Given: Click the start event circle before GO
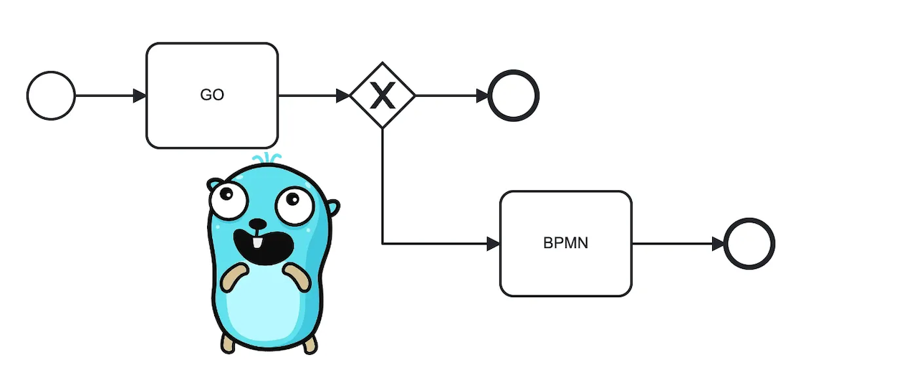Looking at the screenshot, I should coord(51,95).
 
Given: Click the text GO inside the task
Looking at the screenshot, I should coord(212,95).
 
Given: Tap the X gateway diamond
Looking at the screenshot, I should coord(383,95).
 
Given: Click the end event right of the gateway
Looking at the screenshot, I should coord(513,95).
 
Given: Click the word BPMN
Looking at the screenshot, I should coord(565,243).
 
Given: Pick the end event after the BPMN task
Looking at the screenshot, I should coord(749,243).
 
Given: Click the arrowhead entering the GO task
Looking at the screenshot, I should coord(140,95).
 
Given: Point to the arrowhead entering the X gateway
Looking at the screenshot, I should coord(343,95).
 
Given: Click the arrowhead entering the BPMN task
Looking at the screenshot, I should coord(493,244).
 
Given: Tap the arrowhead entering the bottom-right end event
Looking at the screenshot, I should coord(718,244).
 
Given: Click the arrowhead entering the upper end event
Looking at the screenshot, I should coord(482,95).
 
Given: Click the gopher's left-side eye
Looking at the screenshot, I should coord(230,196).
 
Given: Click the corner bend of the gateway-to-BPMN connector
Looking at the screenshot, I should coord(383,244).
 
